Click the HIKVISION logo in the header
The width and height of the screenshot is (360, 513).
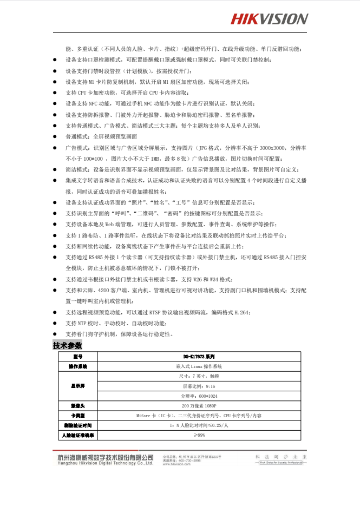tap(269, 19)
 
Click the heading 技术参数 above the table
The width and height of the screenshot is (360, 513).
tap(68, 345)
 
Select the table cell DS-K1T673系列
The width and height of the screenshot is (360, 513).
tap(199, 357)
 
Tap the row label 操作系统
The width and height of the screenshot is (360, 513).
tap(77, 366)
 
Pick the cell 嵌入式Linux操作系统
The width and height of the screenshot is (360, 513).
tap(199, 366)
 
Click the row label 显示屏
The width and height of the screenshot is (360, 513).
tap(77, 386)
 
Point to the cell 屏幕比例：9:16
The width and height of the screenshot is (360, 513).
tap(199, 386)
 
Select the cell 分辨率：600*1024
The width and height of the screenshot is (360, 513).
tap(199, 396)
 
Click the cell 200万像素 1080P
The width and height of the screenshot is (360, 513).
tap(199, 405)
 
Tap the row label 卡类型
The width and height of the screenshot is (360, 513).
tap(77, 416)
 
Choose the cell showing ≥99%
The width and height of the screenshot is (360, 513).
tap(199, 435)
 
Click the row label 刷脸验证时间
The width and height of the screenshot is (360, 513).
tap(77, 425)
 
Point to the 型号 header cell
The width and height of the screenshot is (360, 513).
tap(77, 357)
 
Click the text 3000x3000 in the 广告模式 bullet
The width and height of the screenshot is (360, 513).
tap(272, 148)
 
